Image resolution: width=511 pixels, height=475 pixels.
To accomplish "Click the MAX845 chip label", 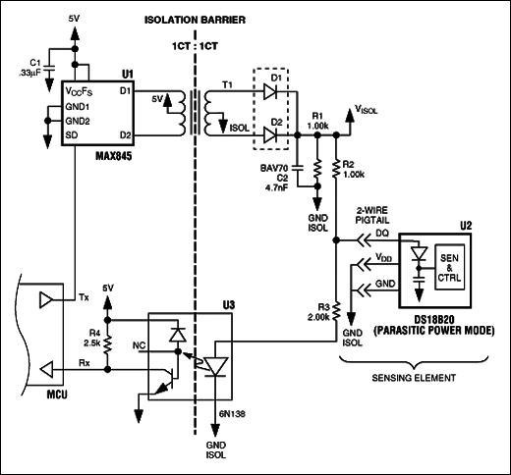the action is [x=114, y=156].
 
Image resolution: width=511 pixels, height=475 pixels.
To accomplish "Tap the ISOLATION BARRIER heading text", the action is [x=195, y=20].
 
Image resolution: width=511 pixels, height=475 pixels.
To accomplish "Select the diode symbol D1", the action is [x=270, y=92].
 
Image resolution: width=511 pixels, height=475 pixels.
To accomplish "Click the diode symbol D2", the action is [x=270, y=134].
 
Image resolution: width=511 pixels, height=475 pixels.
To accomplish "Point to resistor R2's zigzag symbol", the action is [x=336, y=169].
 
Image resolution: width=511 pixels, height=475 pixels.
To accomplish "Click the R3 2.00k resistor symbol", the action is [x=336, y=311].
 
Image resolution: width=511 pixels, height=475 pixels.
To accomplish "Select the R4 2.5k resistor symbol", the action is [x=108, y=344].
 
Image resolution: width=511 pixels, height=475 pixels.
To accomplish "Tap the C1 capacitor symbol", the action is [x=49, y=69].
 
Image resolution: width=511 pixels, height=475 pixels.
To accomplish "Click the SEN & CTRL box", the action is [x=449, y=267].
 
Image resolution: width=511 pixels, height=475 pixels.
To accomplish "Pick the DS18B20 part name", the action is [x=434, y=319].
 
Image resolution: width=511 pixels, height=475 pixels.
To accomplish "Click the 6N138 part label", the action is [x=232, y=414].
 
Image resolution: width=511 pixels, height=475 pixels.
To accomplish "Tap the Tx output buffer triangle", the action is [x=46, y=300].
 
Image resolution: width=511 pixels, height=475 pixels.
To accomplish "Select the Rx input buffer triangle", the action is [x=46, y=370].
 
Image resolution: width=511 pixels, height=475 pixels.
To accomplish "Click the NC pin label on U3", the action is [x=139, y=345].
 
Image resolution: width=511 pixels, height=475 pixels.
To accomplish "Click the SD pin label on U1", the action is [x=72, y=135].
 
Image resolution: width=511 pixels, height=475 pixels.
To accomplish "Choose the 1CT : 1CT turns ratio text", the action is [x=195, y=46].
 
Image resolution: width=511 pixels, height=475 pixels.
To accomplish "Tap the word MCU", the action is [x=57, y=395].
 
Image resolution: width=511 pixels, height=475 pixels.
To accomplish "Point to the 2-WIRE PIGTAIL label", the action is [x=372, y=215].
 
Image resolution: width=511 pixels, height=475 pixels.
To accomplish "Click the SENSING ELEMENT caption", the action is [x=414, y=378].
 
